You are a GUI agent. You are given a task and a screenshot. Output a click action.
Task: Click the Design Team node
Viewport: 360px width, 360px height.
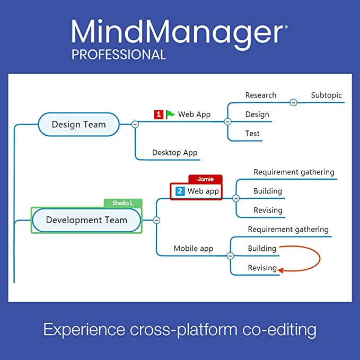coord(78,125)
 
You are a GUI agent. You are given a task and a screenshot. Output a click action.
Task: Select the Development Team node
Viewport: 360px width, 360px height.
coord(86,220)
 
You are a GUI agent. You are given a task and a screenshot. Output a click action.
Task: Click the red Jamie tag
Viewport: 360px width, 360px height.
coord(205,179)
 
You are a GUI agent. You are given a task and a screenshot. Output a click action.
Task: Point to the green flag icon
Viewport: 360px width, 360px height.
coord(170,114)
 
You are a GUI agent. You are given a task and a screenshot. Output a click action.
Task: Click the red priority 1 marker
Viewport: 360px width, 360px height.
coord(159,114)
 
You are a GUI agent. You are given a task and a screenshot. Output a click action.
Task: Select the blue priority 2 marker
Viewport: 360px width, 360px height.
coord(180,191)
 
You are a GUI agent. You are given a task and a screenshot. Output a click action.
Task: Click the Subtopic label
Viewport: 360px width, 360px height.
coord(326,95)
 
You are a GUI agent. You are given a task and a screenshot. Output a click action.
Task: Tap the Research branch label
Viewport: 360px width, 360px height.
coord(260,95)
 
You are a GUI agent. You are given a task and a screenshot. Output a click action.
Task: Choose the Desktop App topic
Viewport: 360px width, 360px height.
coord(174,153)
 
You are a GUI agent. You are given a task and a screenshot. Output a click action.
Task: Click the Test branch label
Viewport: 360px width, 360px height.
coord(252,134)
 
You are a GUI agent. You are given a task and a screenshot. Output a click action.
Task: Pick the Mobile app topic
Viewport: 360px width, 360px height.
coord(194,249)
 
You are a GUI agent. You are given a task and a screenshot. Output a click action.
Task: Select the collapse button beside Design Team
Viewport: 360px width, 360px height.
coord(135,124)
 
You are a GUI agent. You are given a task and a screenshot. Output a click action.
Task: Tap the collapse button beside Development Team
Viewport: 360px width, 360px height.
coord(156,220)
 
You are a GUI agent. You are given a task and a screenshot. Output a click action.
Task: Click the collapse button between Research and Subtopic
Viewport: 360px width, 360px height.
coord(293,102)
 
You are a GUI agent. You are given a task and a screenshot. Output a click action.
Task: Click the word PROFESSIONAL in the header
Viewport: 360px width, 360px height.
coord(119,54)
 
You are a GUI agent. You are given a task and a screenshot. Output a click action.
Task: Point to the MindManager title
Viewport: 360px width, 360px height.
coord(179,32)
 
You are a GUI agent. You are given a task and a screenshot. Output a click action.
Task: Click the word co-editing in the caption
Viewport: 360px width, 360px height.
coord(279,330)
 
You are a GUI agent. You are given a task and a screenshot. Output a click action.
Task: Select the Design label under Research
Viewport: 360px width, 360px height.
coord(257,115)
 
